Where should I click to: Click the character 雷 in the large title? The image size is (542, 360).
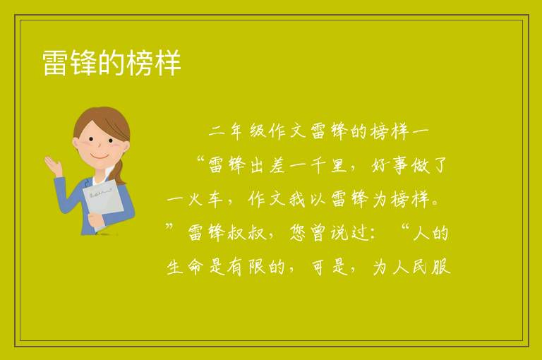[54, 63]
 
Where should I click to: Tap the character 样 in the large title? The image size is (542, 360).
[168, 63]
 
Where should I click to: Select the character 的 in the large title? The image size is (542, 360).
[112, 63]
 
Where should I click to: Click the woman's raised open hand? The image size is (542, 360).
[54, 165]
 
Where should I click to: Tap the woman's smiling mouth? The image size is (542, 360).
[100, 157]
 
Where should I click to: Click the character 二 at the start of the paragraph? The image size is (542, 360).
[217, 132]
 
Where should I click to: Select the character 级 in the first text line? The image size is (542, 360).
[258, 131]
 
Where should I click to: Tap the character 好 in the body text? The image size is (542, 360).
[380, 165]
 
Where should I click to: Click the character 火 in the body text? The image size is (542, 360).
[195, 199]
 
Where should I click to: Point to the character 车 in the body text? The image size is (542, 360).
[216, 199]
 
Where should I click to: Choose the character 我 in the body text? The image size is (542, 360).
[297, 199]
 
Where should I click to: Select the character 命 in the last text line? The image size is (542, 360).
[195, 268]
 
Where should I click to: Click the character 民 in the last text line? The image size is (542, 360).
[421, 268]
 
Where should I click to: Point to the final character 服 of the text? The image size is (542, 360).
[440, 268]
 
